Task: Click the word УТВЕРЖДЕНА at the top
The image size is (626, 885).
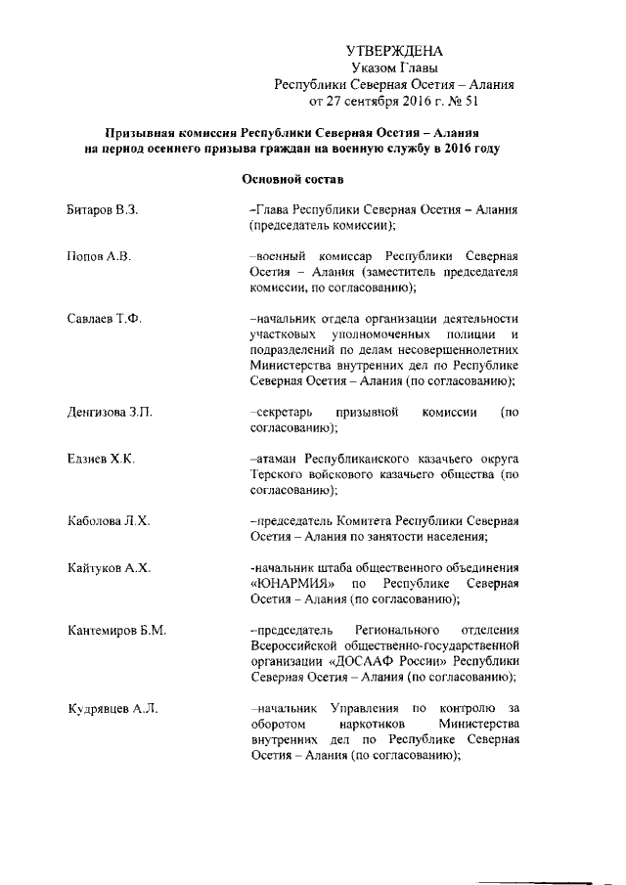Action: pos(395,51)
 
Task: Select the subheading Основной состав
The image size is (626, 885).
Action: pos(291,180)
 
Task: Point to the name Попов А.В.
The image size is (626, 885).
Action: pos(99,256)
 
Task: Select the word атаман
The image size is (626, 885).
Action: pos(277,459)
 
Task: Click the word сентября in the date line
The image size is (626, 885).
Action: pos(376,101)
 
